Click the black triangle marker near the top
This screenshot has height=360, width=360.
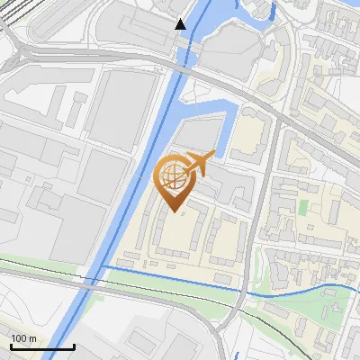tap(181, 24)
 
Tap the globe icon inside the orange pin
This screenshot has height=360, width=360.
tap(173, 175)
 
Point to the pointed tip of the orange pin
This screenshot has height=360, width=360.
tap(174, 212)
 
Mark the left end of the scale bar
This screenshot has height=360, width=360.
tap(10, 346)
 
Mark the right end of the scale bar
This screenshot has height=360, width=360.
tap(74, 346)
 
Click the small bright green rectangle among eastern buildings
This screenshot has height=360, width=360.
tap(302, 206)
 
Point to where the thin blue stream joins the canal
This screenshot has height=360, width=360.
tap(106, 267)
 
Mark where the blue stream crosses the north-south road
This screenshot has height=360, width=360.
tap(245, 290)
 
